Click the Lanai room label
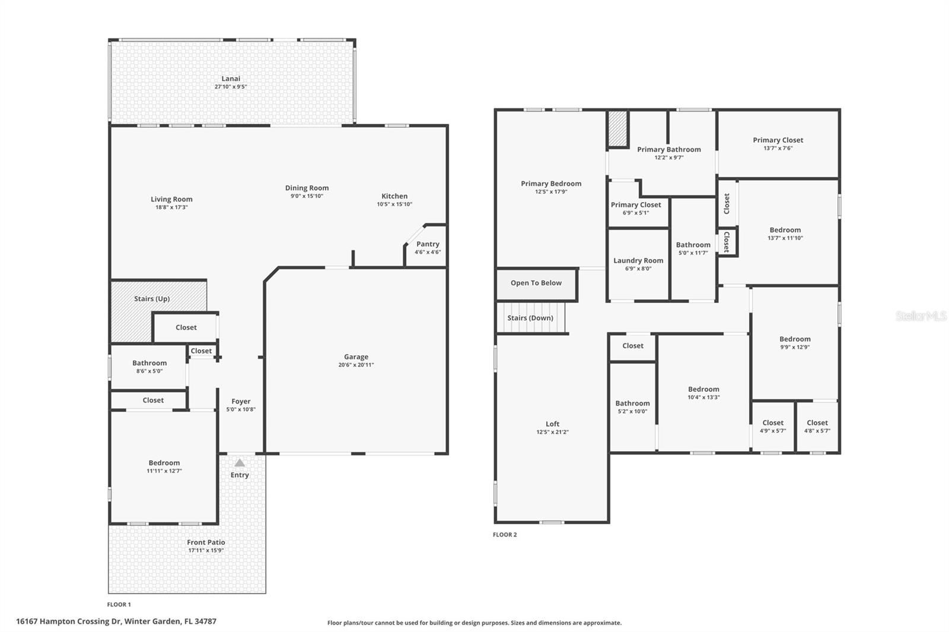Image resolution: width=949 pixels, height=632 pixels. point(231,79)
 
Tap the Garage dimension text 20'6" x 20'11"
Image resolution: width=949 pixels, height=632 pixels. point(356,365)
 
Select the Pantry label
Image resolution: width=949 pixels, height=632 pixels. point(428,244)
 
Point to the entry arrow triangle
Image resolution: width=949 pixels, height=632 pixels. point(239,463)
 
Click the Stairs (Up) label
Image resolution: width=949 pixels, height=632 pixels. point(152,299)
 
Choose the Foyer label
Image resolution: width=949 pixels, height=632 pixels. point(241,401)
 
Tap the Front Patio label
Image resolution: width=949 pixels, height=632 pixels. point(206,542)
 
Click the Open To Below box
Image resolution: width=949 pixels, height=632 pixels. point(536,283)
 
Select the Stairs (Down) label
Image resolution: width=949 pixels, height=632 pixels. point(530,318)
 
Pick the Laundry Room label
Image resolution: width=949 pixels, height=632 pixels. point(638,261)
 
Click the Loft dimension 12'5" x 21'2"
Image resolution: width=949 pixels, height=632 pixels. point(552,432)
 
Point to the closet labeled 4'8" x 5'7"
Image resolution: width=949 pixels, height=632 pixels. point(817,427)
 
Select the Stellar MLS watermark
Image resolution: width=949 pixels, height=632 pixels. point(921,317)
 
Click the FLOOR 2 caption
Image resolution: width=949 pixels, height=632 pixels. point(505,535)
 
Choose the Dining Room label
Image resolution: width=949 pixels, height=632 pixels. point(307,189)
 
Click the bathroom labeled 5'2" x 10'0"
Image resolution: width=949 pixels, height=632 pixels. point(632,407)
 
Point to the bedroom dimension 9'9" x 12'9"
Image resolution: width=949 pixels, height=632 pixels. point(795,347)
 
